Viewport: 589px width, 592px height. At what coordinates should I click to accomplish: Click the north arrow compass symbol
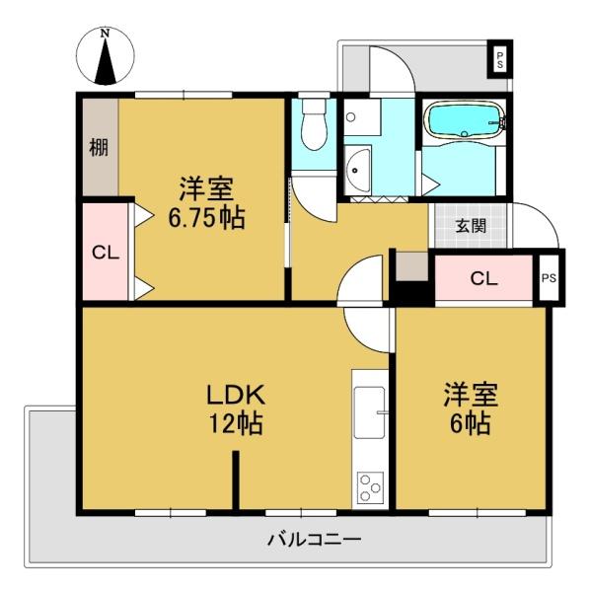click(105, 55)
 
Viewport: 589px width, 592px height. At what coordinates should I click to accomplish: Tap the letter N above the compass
click(105, 34)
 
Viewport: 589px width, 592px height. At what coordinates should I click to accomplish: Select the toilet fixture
click(314, 124)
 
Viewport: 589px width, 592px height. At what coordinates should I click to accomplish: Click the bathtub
click(465, 119)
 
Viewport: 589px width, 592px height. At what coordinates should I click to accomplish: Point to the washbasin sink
click(357, 171)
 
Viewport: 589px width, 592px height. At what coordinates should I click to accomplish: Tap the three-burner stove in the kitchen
click(370, 487)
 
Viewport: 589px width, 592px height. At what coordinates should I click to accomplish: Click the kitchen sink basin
click(370, 412)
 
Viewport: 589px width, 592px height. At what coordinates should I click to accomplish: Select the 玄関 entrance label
click(471, 226)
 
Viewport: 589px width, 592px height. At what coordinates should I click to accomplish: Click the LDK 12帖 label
click(236, 409)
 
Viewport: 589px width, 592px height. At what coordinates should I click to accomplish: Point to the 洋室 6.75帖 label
click(206, 203)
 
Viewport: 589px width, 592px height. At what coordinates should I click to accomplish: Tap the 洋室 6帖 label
click(471, 409)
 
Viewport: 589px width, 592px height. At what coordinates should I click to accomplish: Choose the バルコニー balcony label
click(314, 540)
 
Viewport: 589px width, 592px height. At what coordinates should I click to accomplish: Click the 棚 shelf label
click(99, 147)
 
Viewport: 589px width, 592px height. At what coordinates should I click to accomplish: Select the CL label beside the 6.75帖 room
click(106, 253)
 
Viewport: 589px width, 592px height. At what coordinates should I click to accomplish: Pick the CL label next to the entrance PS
click(484, 278)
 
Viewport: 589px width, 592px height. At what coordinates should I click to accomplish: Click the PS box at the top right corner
click(500, 59)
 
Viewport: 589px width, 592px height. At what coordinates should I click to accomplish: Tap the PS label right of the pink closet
click(549, 278)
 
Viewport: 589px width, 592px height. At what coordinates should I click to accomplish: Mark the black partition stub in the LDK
click(236, 481)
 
